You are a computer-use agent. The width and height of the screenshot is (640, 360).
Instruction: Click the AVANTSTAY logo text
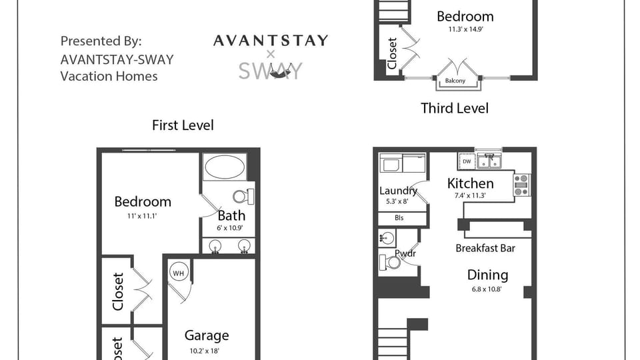[271, 41]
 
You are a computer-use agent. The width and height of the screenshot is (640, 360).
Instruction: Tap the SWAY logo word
[271, 71]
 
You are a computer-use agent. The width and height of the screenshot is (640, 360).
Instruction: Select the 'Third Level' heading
[455, 108]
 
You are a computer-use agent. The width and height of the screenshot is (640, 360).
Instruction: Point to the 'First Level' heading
[183, 125]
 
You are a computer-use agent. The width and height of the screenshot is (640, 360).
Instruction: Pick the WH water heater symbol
[177, 273]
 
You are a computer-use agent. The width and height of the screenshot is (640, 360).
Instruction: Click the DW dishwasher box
[467, 161]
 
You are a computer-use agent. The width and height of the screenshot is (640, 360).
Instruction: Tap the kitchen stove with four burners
[521, 185]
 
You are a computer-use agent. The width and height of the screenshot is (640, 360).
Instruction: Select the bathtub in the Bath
[225, 167]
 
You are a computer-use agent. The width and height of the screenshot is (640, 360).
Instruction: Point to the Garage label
[207, 336]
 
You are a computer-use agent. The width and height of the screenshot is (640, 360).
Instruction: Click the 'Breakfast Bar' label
[485, 249]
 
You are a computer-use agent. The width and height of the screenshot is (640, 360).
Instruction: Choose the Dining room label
[487, 275]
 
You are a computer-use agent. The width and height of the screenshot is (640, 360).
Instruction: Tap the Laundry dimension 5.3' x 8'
[397, 201]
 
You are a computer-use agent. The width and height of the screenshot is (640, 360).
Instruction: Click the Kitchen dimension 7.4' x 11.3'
[470, 196]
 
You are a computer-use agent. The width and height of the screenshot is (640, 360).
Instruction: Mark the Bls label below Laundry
[399, 218]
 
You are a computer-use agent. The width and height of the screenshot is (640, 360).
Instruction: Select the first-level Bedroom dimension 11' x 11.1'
[142, 216]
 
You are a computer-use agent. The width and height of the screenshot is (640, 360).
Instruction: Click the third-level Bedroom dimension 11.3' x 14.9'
[465, 29]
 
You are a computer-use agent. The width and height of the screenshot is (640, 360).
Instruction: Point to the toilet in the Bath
[243, 196]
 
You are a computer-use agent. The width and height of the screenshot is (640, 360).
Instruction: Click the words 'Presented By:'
[101, 41]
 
